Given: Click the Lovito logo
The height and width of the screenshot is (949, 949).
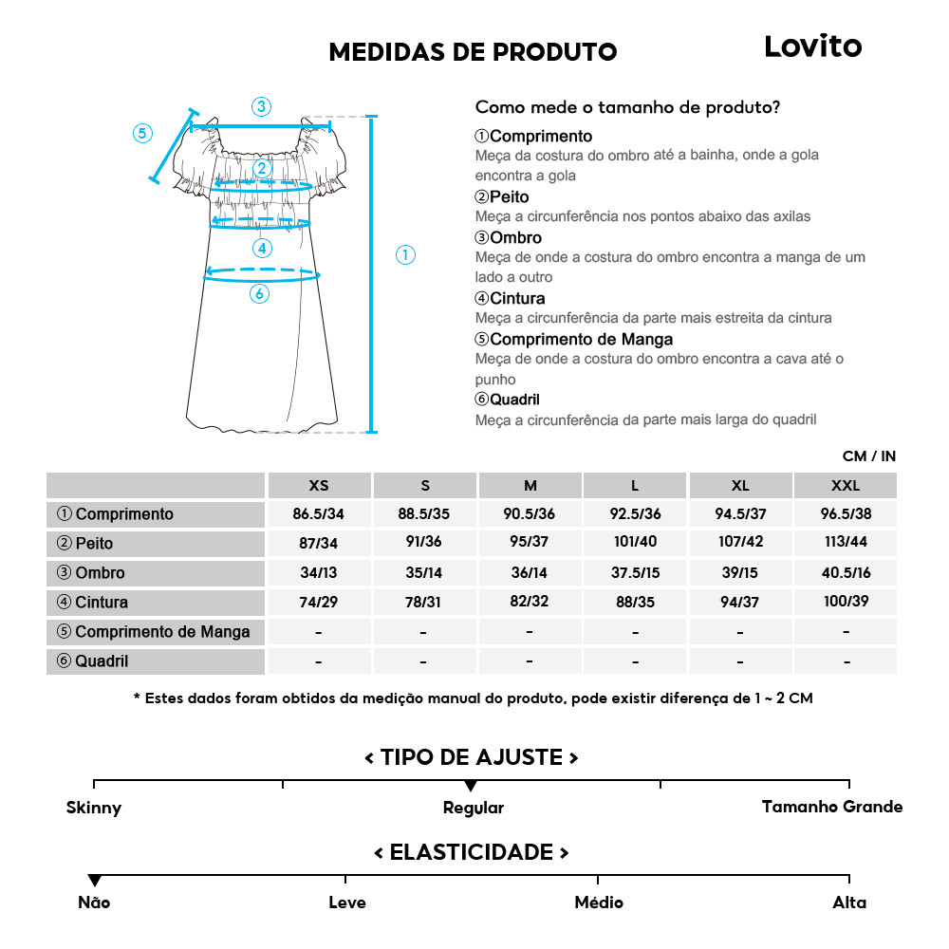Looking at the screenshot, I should (x=812, y=47).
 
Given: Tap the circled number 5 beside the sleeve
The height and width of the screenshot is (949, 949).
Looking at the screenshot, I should (x=142, y=133).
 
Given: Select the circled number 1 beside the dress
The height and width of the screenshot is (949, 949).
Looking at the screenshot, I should (x=405, y=254).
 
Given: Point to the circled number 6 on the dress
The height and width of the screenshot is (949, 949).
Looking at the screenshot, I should (x=259, y=294).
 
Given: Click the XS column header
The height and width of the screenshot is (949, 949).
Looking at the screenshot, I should (x=319, y=485).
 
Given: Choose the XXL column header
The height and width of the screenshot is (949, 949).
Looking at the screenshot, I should (x=845, y=485).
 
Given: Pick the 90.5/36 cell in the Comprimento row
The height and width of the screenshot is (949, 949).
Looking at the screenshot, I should (x=530, y=514).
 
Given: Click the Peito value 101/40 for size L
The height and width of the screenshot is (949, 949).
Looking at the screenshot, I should (x=635, y=544).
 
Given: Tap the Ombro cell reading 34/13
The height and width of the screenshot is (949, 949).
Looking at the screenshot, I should (x=319, y=573).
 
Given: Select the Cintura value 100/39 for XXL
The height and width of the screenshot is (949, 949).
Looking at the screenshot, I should (x=845, y=602).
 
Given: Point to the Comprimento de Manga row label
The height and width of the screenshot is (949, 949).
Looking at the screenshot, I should (x=154, y=632).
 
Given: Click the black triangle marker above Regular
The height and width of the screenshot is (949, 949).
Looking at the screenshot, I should (x=471, y=786).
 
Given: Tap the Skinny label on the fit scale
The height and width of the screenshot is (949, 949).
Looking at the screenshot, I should (x=94, y=809).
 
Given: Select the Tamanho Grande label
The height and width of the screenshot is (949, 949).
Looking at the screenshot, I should (x=832, y=807).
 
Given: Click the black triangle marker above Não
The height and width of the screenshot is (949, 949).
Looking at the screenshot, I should (x=94, y=881).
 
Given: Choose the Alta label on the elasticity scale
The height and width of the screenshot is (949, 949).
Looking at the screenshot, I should (x=849, y=902).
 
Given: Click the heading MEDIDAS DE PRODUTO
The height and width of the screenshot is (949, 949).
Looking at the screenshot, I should (x=473, y=51).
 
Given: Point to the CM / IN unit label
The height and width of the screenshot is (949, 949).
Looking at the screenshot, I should (x=868, y=456).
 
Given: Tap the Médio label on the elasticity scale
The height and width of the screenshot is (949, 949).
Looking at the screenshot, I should (x=599, y=902).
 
